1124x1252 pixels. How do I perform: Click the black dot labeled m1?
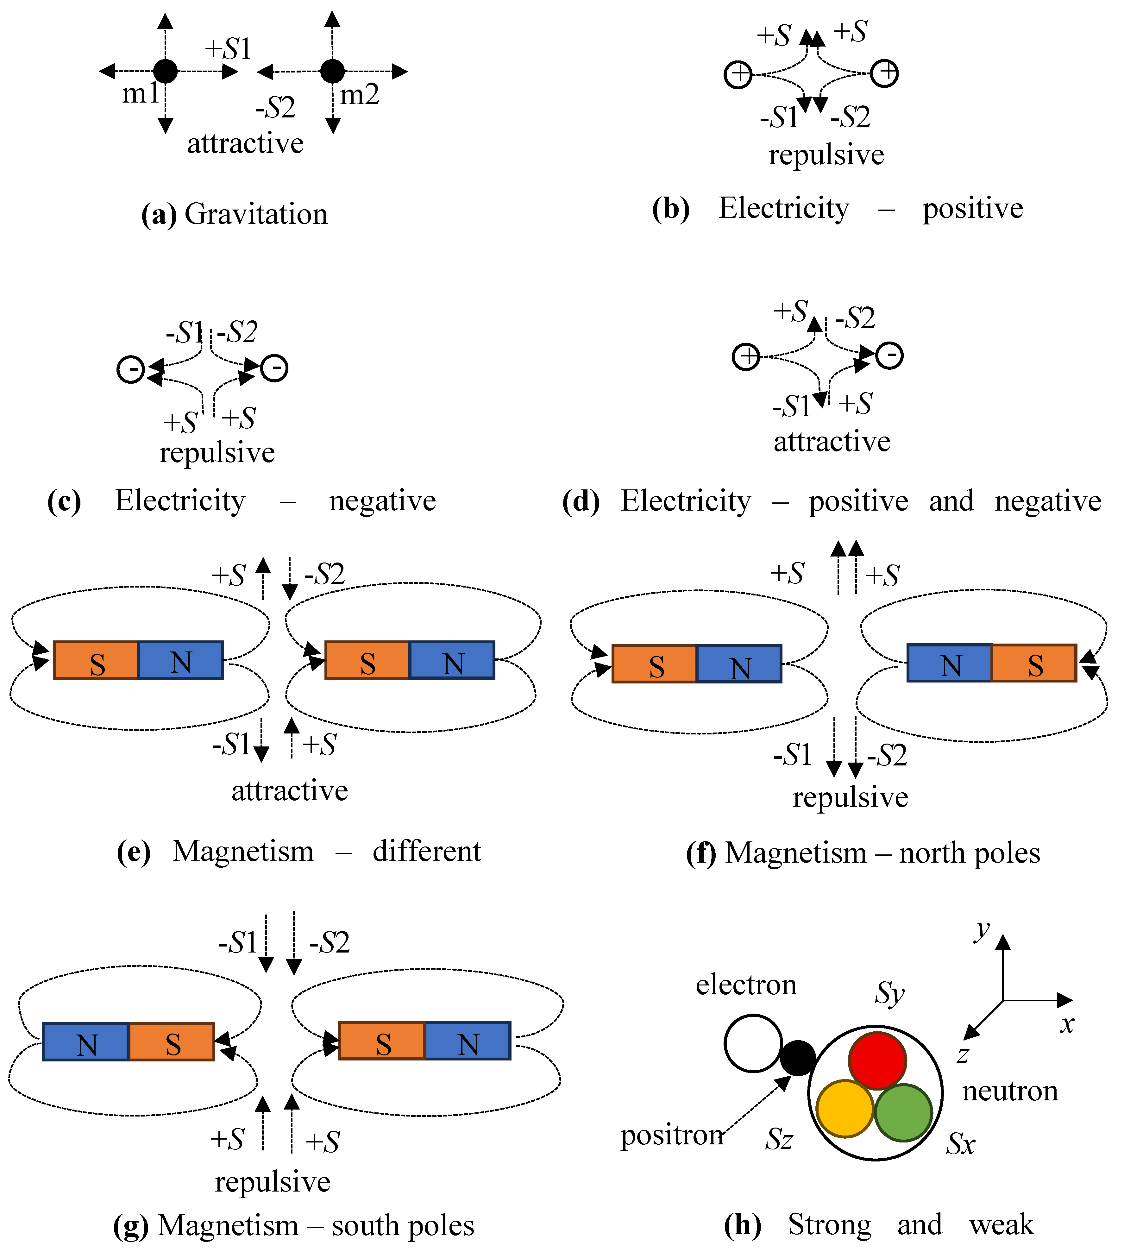click(x=166, y=72)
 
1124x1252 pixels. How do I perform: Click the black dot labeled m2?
click(x=332, y=72)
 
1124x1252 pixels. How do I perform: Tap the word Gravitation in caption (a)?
click(x=256, y=214)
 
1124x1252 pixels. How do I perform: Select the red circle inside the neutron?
click(x=877, y=1060)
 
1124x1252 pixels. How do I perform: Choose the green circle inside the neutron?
click(x=903, y=1112)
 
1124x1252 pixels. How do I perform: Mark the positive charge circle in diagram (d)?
click(x=746, y=357)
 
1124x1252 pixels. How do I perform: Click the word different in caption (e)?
click(x=427, y=851)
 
